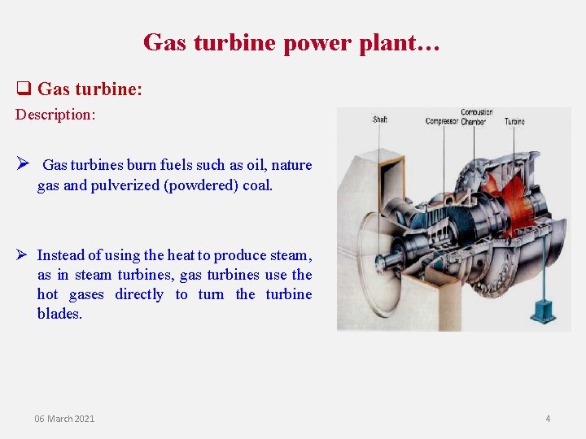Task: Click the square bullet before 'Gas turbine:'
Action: [x=24, y=89]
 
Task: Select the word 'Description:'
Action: [x=55, y=115]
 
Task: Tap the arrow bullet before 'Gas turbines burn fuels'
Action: [x=24, y=164]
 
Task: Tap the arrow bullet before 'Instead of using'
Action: [x=24, y=255]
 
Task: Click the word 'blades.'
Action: [x=59, y=314]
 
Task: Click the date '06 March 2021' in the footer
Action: [x=64, y=419]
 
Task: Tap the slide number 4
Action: [x=548, y=419]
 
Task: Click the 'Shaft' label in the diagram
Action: [x=380, y=120]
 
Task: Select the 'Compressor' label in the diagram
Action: [x=442, y=122]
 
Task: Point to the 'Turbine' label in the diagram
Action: [x=514, y=122]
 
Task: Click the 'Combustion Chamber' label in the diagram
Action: [x=475, y=117]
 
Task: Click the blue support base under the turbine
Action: [x=538, y=312]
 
